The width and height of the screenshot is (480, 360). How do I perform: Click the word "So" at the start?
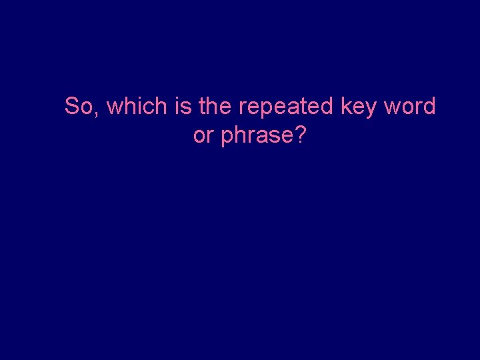tap(79, 106)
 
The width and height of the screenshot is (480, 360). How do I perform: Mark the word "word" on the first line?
tap(410, 106)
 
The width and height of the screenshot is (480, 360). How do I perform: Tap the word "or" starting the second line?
tap(203, 135)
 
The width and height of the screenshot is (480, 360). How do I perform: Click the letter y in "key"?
tap(371, 109)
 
